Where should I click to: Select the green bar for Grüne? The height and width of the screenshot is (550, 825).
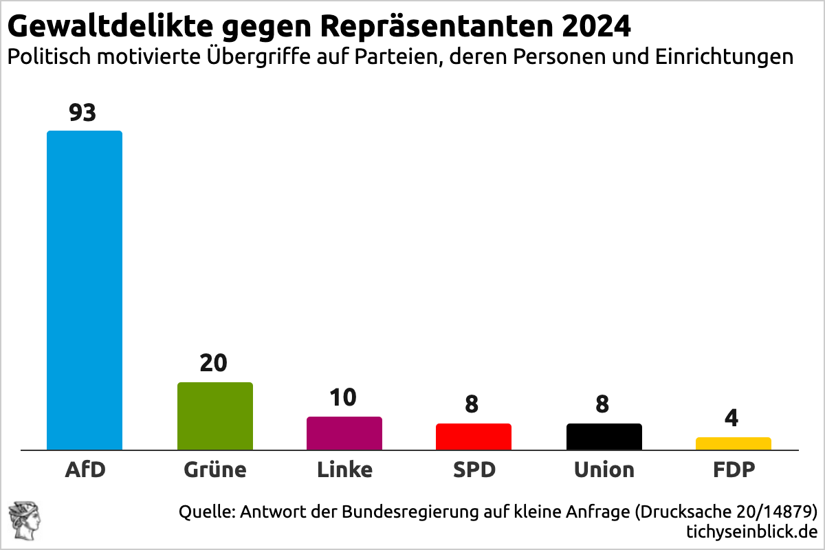coord(214,416)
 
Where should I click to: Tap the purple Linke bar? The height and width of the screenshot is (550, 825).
coord(344,433)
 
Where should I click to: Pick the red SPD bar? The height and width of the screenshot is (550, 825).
coord(473,437)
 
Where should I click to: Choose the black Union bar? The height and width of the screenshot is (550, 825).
coord(604,437)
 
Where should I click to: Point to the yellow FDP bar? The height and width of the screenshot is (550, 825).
coord(733,443)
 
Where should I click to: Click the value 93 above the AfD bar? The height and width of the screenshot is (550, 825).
coord(82,113)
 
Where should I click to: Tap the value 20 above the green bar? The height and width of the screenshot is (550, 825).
coord(213,363)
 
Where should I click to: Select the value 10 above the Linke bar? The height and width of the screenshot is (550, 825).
coord(343,397)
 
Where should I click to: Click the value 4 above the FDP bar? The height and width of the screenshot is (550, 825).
coord(733,418)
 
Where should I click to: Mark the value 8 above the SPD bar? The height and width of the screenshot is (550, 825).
coord(472,404)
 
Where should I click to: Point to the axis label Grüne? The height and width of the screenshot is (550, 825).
coord(214,470)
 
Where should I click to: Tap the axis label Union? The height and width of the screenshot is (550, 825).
coord(604,470)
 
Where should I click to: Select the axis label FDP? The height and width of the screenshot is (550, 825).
coord(733,470)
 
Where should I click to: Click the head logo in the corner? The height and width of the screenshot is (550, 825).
coord(25,520)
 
